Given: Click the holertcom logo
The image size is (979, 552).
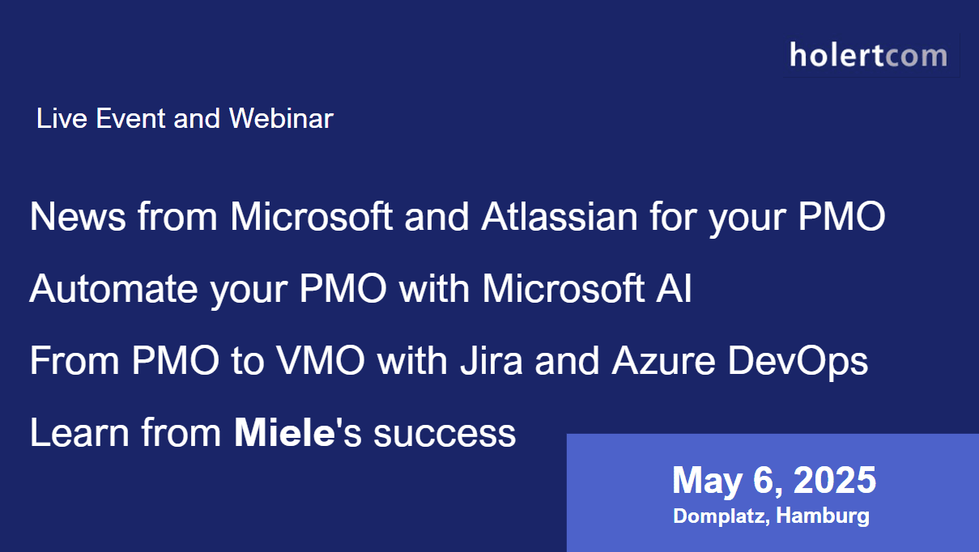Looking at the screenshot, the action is [x=868, y=56].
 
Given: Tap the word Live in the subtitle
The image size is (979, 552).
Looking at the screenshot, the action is [x=62, y=118].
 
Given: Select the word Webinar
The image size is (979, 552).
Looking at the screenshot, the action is [x=281, y=118].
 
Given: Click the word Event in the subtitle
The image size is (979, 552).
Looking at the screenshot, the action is [x=130, y=118].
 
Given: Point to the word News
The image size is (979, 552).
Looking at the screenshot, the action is [x=78, y=216].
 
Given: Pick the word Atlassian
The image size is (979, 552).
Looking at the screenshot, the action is [x=560, y=216].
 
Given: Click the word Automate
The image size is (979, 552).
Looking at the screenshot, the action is [x=113, y=288].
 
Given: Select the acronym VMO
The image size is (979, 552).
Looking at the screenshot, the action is [x=321, y=360].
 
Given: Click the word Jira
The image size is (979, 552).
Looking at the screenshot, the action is [x=492, y=360].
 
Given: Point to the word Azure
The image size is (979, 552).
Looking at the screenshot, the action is [x=663, y=360].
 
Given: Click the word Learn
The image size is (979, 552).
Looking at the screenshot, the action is [x=79, y=432].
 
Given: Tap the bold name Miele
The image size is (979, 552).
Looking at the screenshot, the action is [x=284, y=432].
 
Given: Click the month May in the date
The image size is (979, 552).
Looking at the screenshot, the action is [x=707, y=482].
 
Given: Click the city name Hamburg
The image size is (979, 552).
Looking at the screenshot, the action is [x=823, y=516].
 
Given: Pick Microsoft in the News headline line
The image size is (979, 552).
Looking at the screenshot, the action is [x=311, y=216].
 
